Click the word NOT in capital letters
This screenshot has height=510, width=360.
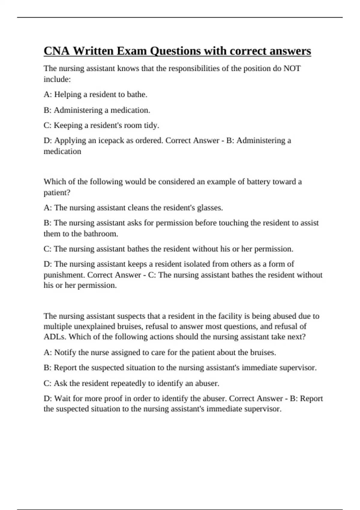click(x=292, y=68)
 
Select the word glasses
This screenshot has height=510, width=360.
click(x=209, y=208)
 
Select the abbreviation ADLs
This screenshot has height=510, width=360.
click(x=55, y=337)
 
